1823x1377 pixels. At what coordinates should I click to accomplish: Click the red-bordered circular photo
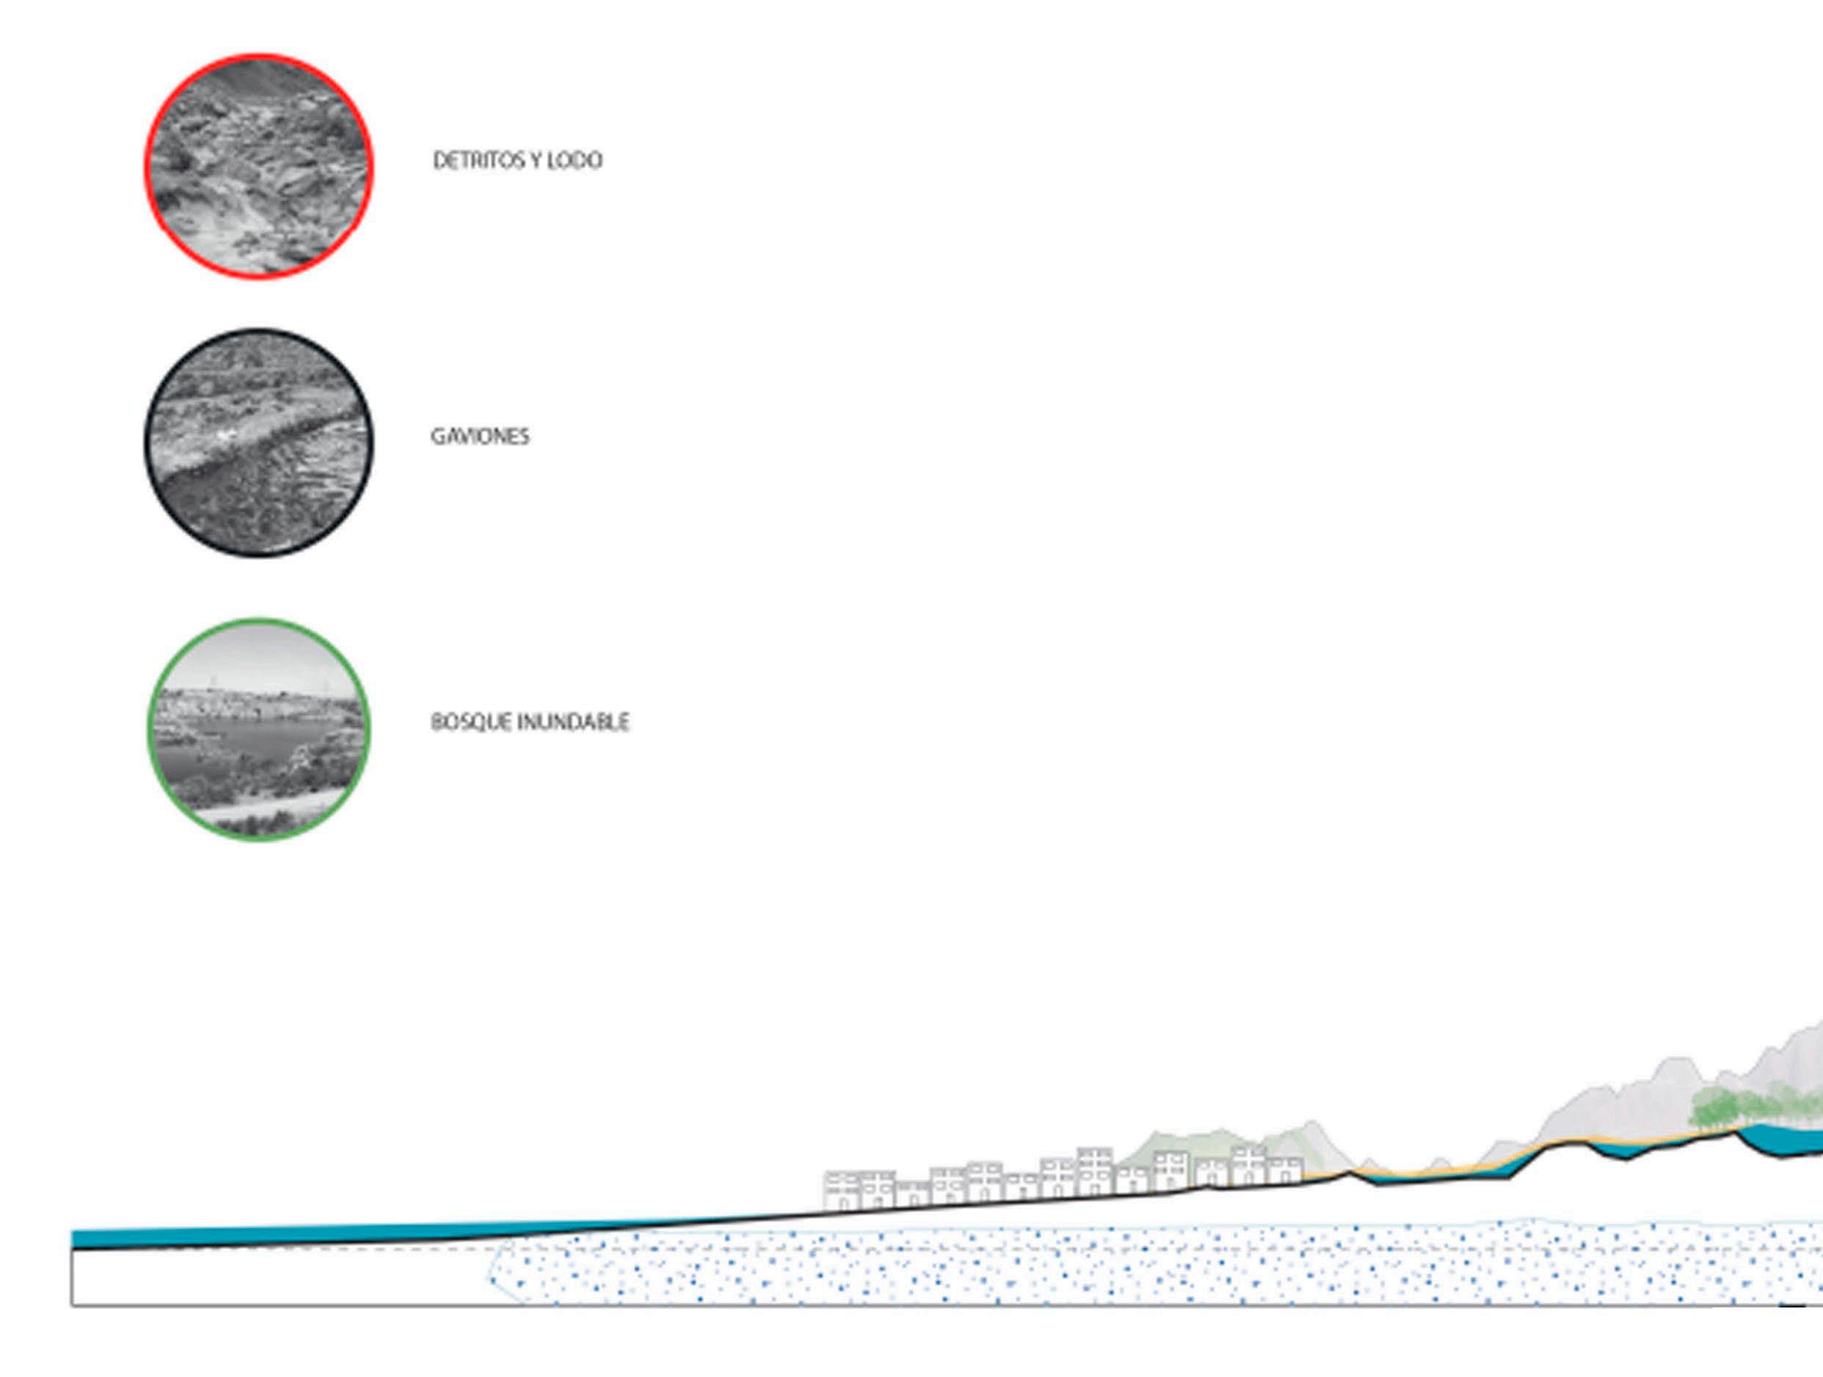(259, 167)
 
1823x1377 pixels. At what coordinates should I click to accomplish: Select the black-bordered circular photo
(259, 443)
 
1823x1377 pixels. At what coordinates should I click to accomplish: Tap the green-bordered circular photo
(259, 730)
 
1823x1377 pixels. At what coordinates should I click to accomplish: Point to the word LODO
(575, 161)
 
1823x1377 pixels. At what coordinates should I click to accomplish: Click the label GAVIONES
(480, 437)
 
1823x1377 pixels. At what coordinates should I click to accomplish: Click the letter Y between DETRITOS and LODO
(535, 161)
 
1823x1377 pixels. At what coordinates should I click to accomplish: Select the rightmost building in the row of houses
(1287, 1171)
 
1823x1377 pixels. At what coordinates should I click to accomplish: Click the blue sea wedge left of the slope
(247, 1236)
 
